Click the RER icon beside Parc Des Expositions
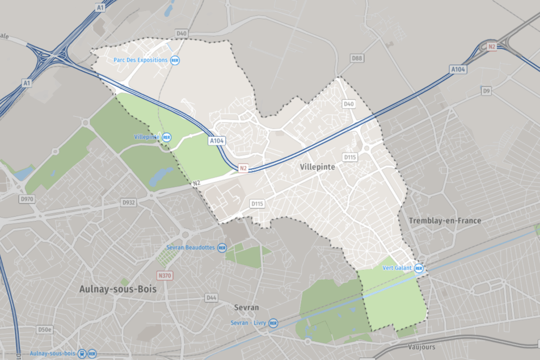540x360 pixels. [x=175, y=60]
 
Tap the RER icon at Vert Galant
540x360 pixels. [x=419, y=268]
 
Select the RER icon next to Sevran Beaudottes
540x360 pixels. [x=222, y=247]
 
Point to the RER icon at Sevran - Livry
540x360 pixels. [x=273, y=323]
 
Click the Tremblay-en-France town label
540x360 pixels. [x=445, y=220]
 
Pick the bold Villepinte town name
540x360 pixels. [x=317, y=167]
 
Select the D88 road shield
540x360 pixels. [x=357, y=57]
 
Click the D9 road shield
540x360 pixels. [x=486, y=91]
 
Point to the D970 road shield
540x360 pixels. [x=26, y=199]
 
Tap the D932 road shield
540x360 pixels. [x=129, y=202]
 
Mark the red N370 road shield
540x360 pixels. [x=165, y=275]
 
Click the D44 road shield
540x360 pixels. [x=211, y=298]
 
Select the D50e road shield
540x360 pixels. [x=45, y=329]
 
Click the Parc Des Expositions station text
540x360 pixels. [x=140, y=60]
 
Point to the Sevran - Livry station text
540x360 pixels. [x=248, y=323]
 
